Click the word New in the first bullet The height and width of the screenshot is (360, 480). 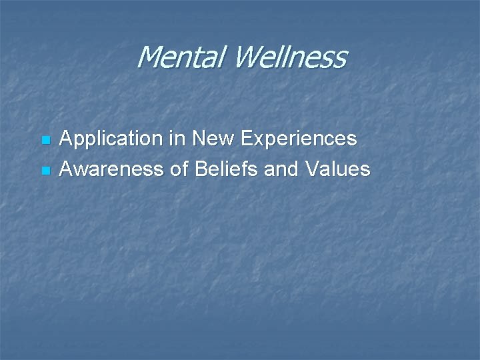[211, 139]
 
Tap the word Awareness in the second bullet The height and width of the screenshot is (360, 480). [112, 169]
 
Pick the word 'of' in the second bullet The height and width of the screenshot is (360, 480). [179, 169]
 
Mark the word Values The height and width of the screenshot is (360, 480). [337, 169]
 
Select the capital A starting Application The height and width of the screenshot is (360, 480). [67, 139]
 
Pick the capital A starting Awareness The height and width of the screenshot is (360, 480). [67, 169]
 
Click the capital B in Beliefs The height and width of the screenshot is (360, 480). [201, 169]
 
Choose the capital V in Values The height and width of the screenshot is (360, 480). [311, 169]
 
